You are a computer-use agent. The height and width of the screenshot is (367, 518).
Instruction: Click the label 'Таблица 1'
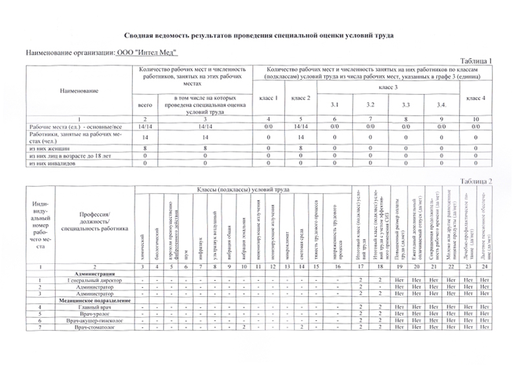pos(476,61)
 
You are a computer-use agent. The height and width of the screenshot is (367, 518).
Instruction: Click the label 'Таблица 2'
pos(476,181)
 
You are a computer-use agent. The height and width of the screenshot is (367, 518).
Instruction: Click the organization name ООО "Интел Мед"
pos(147,53)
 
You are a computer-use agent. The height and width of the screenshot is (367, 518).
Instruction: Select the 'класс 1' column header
pos(268,98)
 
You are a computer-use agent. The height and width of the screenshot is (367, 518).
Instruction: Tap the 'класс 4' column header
pos(476,98)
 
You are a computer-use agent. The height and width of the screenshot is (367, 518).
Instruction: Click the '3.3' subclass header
pos(406,105)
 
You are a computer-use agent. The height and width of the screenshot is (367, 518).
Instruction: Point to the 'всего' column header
pos(145,105)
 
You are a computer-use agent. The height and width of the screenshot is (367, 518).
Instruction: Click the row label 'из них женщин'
pos(50,148)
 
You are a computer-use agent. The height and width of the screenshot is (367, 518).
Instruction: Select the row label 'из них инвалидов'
pos(52,163)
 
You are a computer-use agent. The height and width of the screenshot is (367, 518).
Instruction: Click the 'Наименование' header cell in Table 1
pos(79,91)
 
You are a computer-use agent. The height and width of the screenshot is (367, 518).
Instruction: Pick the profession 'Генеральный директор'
pos(95,280)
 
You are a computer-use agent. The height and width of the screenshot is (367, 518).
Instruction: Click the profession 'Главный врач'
pos(95,307)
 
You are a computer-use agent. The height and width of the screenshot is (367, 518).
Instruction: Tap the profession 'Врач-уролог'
pos(95,314)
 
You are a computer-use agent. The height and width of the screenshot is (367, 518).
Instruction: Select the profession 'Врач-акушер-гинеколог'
pos(95,321)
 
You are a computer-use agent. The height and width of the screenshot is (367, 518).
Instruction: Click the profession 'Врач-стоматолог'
pos(95,327)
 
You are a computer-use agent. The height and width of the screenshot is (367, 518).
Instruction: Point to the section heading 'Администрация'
pos(95,274)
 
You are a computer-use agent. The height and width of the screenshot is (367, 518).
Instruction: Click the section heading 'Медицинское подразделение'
pos(95,301)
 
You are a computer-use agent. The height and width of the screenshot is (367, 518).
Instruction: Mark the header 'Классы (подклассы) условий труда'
pos(243,190)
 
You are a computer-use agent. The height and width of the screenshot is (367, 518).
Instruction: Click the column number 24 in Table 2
pos(484,266)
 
